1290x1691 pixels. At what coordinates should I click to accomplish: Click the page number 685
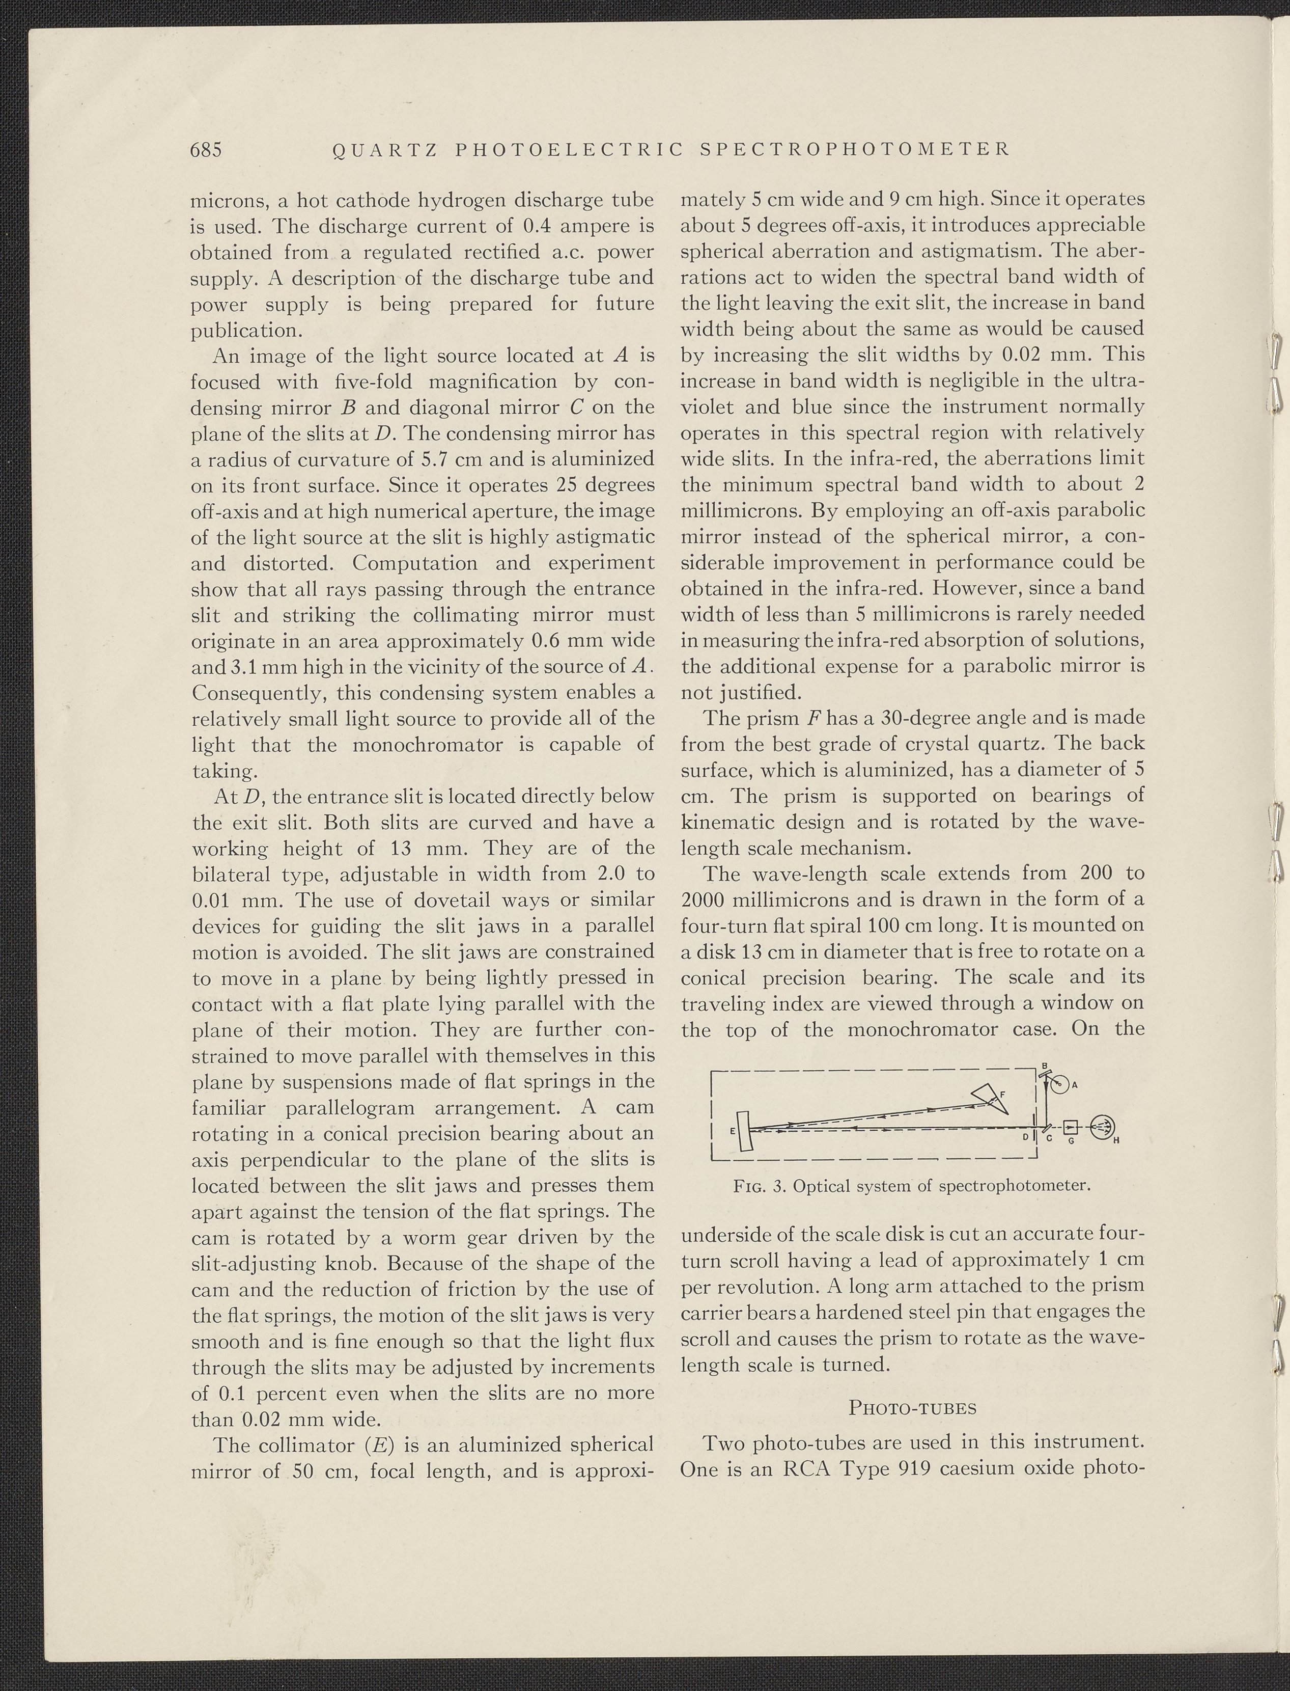(x=206, y=149)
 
